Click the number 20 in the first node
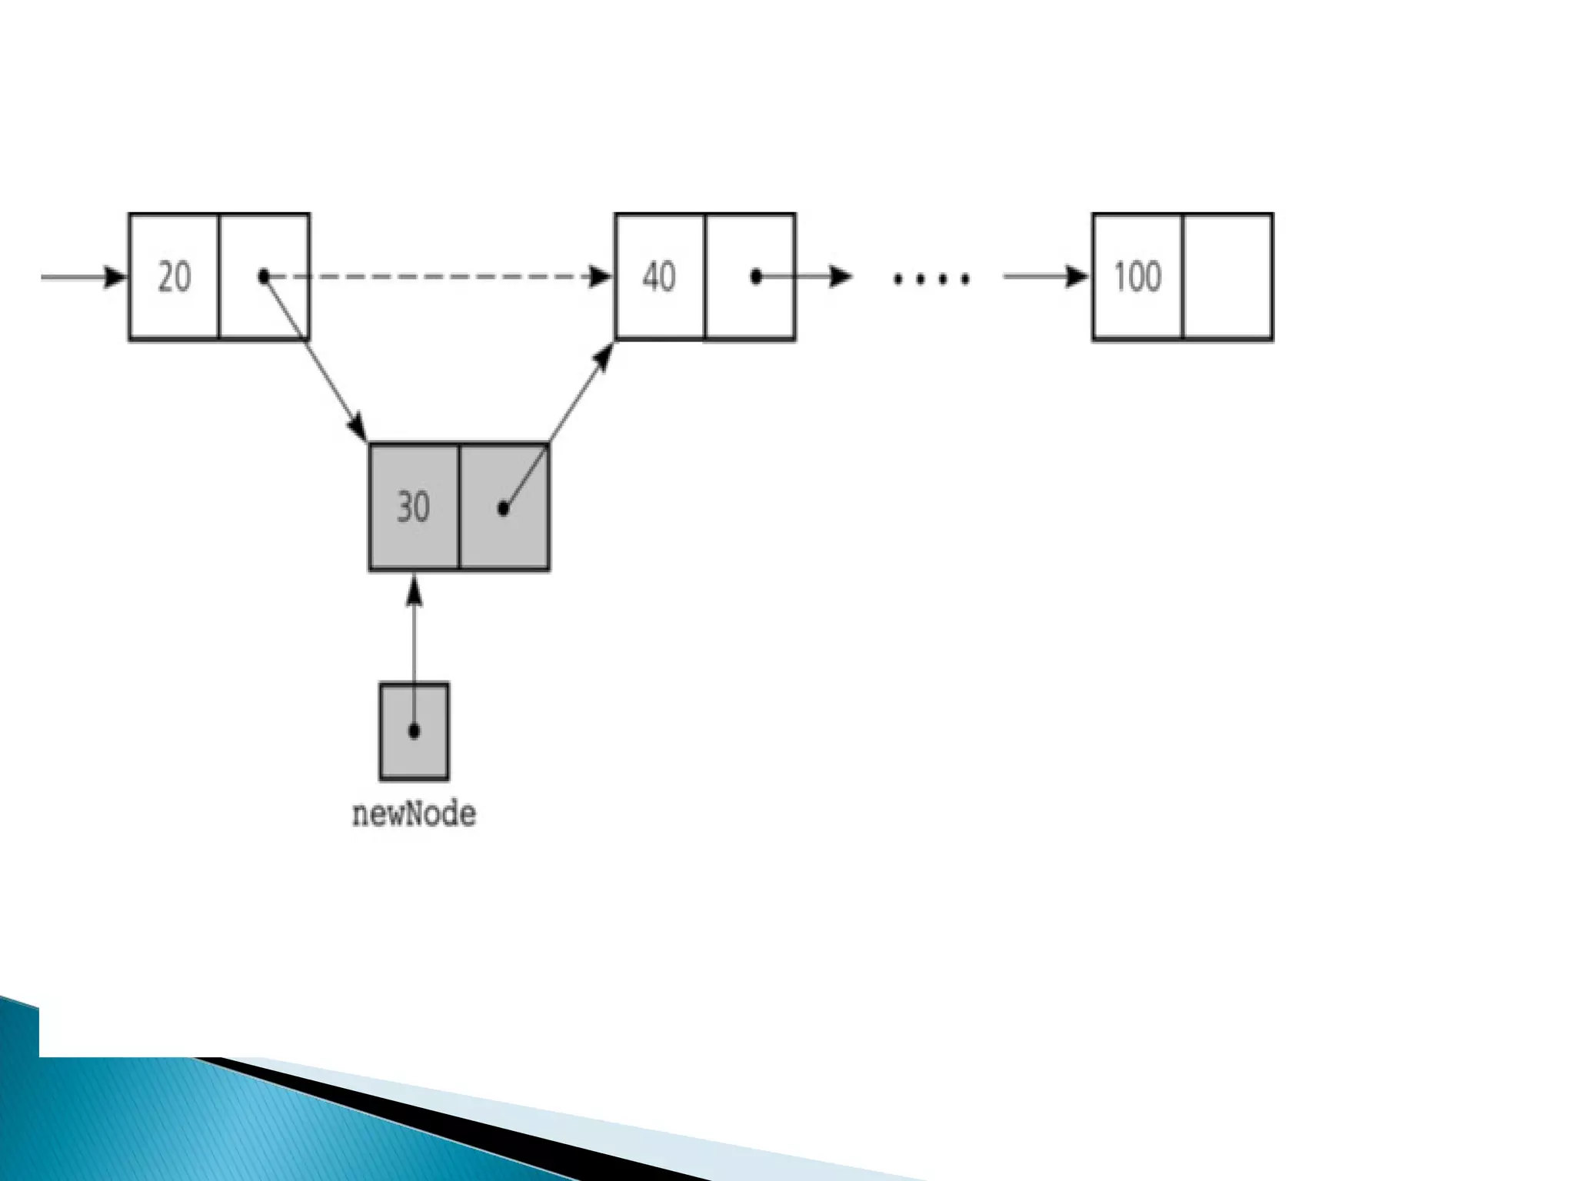174,277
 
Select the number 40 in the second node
659,277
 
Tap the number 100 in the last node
1137,277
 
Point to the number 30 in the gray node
413,507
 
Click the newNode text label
414,814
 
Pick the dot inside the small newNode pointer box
414,730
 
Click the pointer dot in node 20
264,276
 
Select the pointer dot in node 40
756,276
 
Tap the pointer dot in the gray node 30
503,508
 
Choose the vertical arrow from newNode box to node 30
414,638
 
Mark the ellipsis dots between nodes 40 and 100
931,278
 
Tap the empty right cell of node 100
1227,277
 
